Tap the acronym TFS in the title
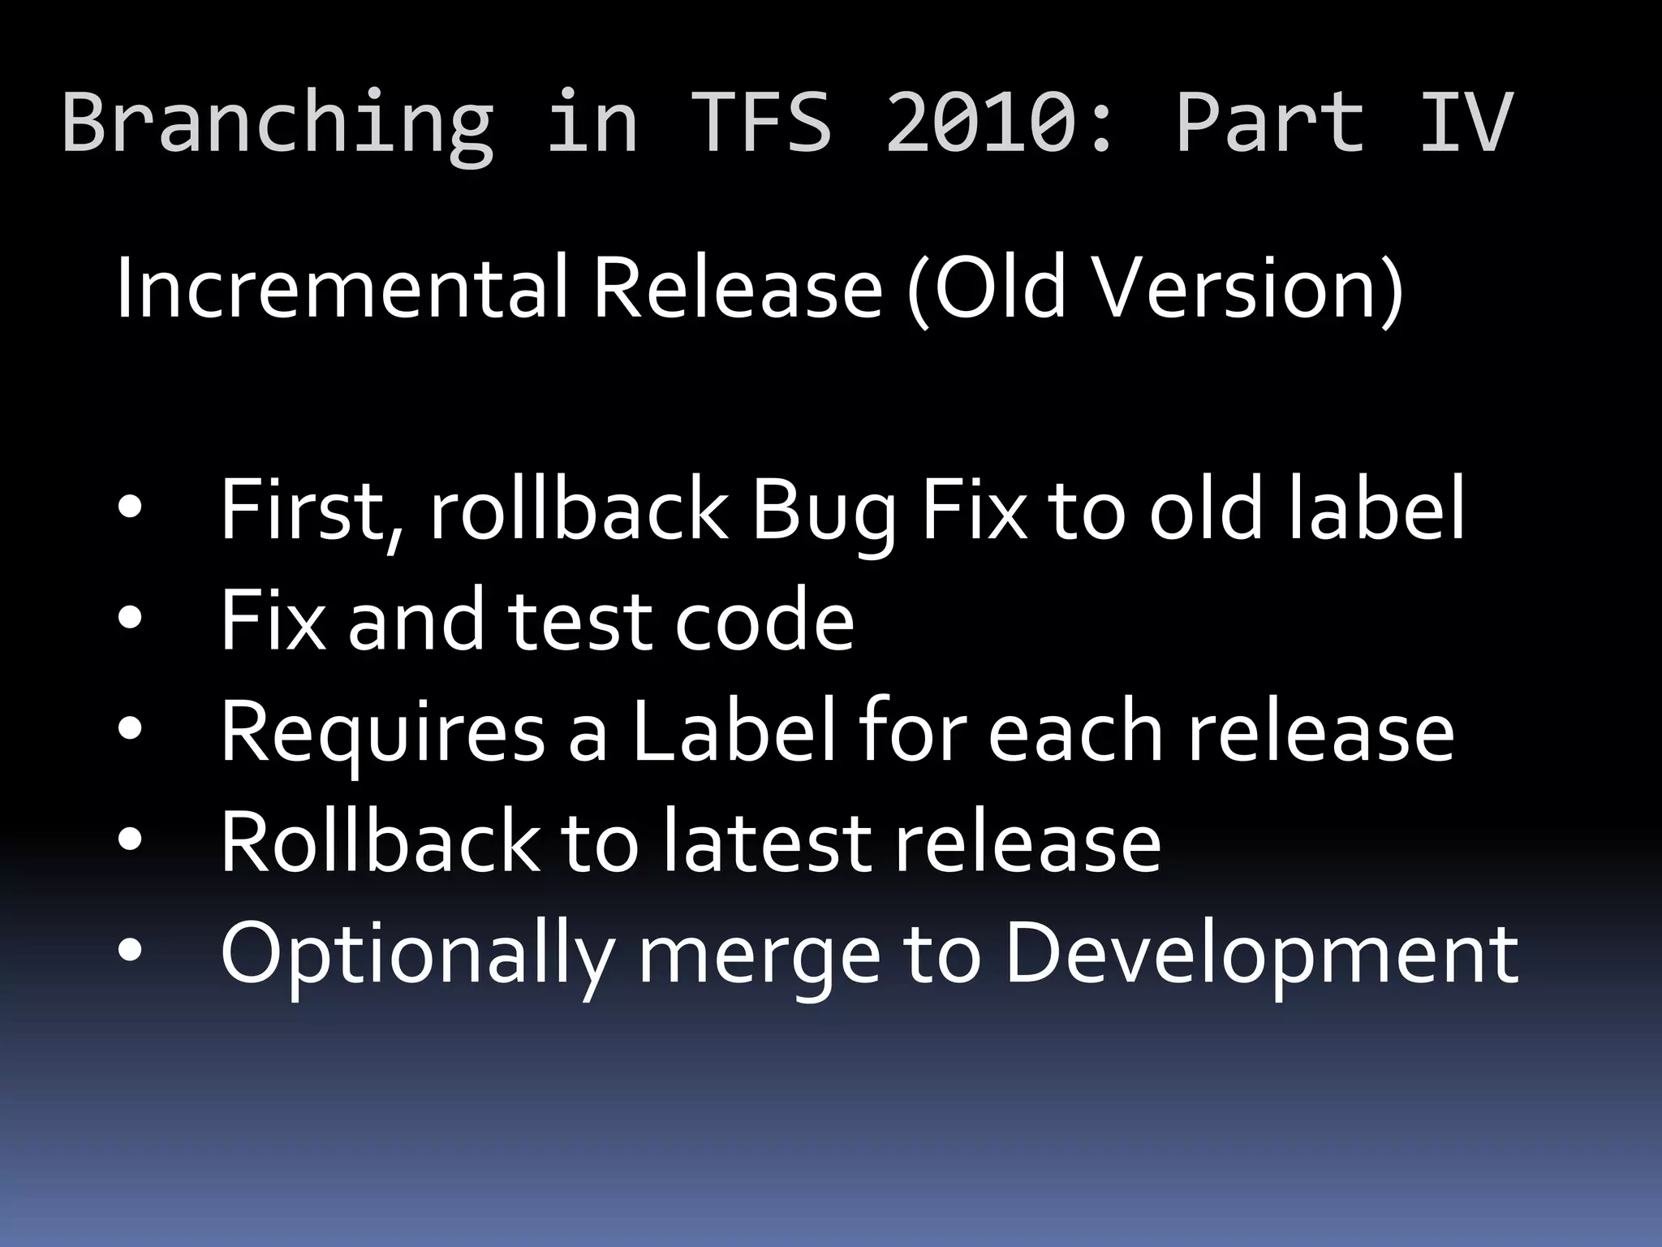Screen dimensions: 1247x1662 point(763,122)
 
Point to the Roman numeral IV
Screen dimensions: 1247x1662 point(1466,122)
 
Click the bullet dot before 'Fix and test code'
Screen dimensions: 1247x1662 point(130,619)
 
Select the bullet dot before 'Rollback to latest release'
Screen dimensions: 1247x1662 point(130,841)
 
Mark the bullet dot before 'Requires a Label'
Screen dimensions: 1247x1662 point(130,731)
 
